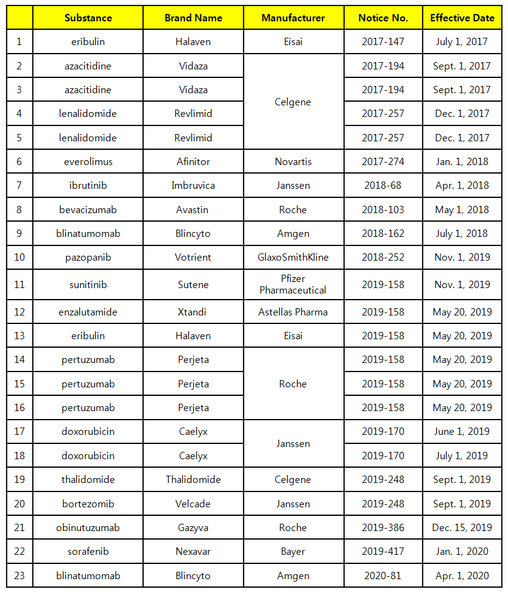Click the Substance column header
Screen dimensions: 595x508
click(88, 18)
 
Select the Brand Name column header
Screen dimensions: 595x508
click(194, 18)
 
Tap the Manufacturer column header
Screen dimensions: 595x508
click(293, 18)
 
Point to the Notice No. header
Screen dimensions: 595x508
click(383, 18)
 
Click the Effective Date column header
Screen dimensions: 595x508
click(462, 18)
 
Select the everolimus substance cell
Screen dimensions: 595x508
click(88, 161)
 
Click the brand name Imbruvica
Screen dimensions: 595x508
click(194, 185)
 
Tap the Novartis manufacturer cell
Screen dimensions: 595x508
click(293, 161)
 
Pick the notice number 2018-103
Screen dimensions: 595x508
click(383, 209)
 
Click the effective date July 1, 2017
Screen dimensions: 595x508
click(462, 41)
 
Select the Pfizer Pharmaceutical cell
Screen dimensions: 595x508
click(293, 284)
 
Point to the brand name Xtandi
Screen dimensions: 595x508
click(194, 312)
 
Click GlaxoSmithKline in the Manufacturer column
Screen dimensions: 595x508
click(293, 257)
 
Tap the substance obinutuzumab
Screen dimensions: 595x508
click(88, 527)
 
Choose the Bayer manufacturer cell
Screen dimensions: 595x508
click(293, 551)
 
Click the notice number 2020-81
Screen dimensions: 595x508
click(383, 576)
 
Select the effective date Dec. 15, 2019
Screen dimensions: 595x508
click(462, 527)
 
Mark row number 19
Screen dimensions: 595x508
click(19, 479)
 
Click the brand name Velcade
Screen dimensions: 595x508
click(194, 504)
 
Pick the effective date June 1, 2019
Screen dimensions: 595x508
click(462, 431)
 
